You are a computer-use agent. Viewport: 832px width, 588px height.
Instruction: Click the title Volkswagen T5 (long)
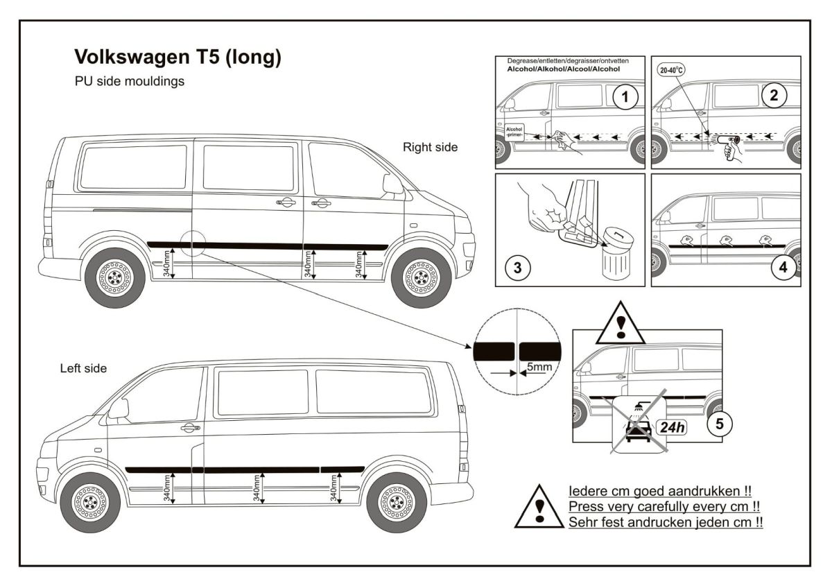pos(177,57)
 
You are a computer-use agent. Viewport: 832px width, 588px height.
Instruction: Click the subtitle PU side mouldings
pos(129,81)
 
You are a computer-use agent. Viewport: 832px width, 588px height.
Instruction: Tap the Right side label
pos(431,147)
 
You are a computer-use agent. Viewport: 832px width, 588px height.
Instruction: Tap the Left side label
pos(83,368)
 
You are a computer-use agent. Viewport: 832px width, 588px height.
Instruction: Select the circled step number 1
pos(626,98)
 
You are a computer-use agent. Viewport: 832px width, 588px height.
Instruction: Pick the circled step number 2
pos(773,97)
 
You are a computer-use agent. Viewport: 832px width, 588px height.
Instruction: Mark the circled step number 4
pos(783,267)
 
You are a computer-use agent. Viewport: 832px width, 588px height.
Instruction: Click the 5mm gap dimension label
pos(539,366)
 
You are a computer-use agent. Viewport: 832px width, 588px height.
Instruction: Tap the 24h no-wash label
pos(671,427)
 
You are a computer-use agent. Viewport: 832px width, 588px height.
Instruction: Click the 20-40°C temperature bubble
pos(670,71)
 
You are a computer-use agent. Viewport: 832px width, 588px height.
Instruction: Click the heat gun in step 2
pos(728,142)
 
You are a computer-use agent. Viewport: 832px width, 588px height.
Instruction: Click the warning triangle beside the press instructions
pos(539,507)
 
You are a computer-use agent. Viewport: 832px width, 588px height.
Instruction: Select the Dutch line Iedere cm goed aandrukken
pos(659,491)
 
